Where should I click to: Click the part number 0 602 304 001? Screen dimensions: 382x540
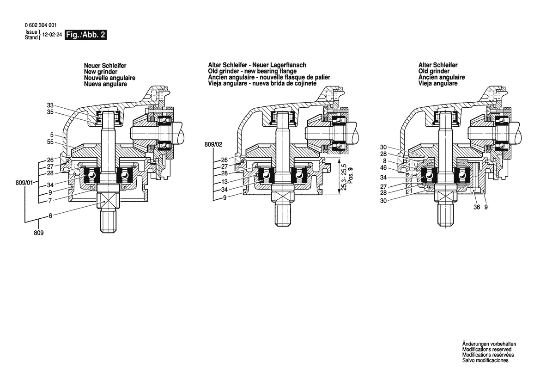point(42,26)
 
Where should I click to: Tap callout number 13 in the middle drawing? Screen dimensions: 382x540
point(224,182)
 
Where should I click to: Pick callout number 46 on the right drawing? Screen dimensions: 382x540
point(383,167)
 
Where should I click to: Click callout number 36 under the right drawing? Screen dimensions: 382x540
point(477,208)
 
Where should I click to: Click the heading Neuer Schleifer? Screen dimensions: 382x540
point(105,66)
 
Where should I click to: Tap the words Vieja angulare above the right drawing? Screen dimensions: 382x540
point(438,84)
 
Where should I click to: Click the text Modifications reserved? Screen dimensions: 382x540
point(486,350)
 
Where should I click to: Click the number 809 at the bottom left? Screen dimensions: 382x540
point(38,233)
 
